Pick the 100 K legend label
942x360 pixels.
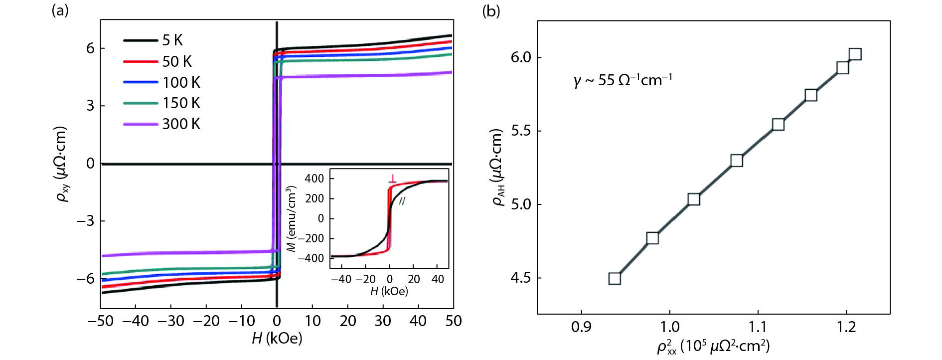pos(181,82)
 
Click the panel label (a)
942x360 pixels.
pos(60,10)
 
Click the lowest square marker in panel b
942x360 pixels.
pos(615,278)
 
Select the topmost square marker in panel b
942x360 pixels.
pos(855,54)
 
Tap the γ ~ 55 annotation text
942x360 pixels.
pos(623,80)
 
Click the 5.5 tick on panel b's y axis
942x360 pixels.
pos(521,131)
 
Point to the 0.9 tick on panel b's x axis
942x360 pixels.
pos(581,327)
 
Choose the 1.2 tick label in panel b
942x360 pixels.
pos(846,327)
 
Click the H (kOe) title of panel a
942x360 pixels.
pos(277,339)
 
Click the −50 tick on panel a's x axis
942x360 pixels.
pos(100,321)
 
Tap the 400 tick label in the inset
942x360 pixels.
pos(314,179)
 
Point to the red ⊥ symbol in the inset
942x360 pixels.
pos(393,178)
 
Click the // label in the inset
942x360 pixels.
pos(402,200)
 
